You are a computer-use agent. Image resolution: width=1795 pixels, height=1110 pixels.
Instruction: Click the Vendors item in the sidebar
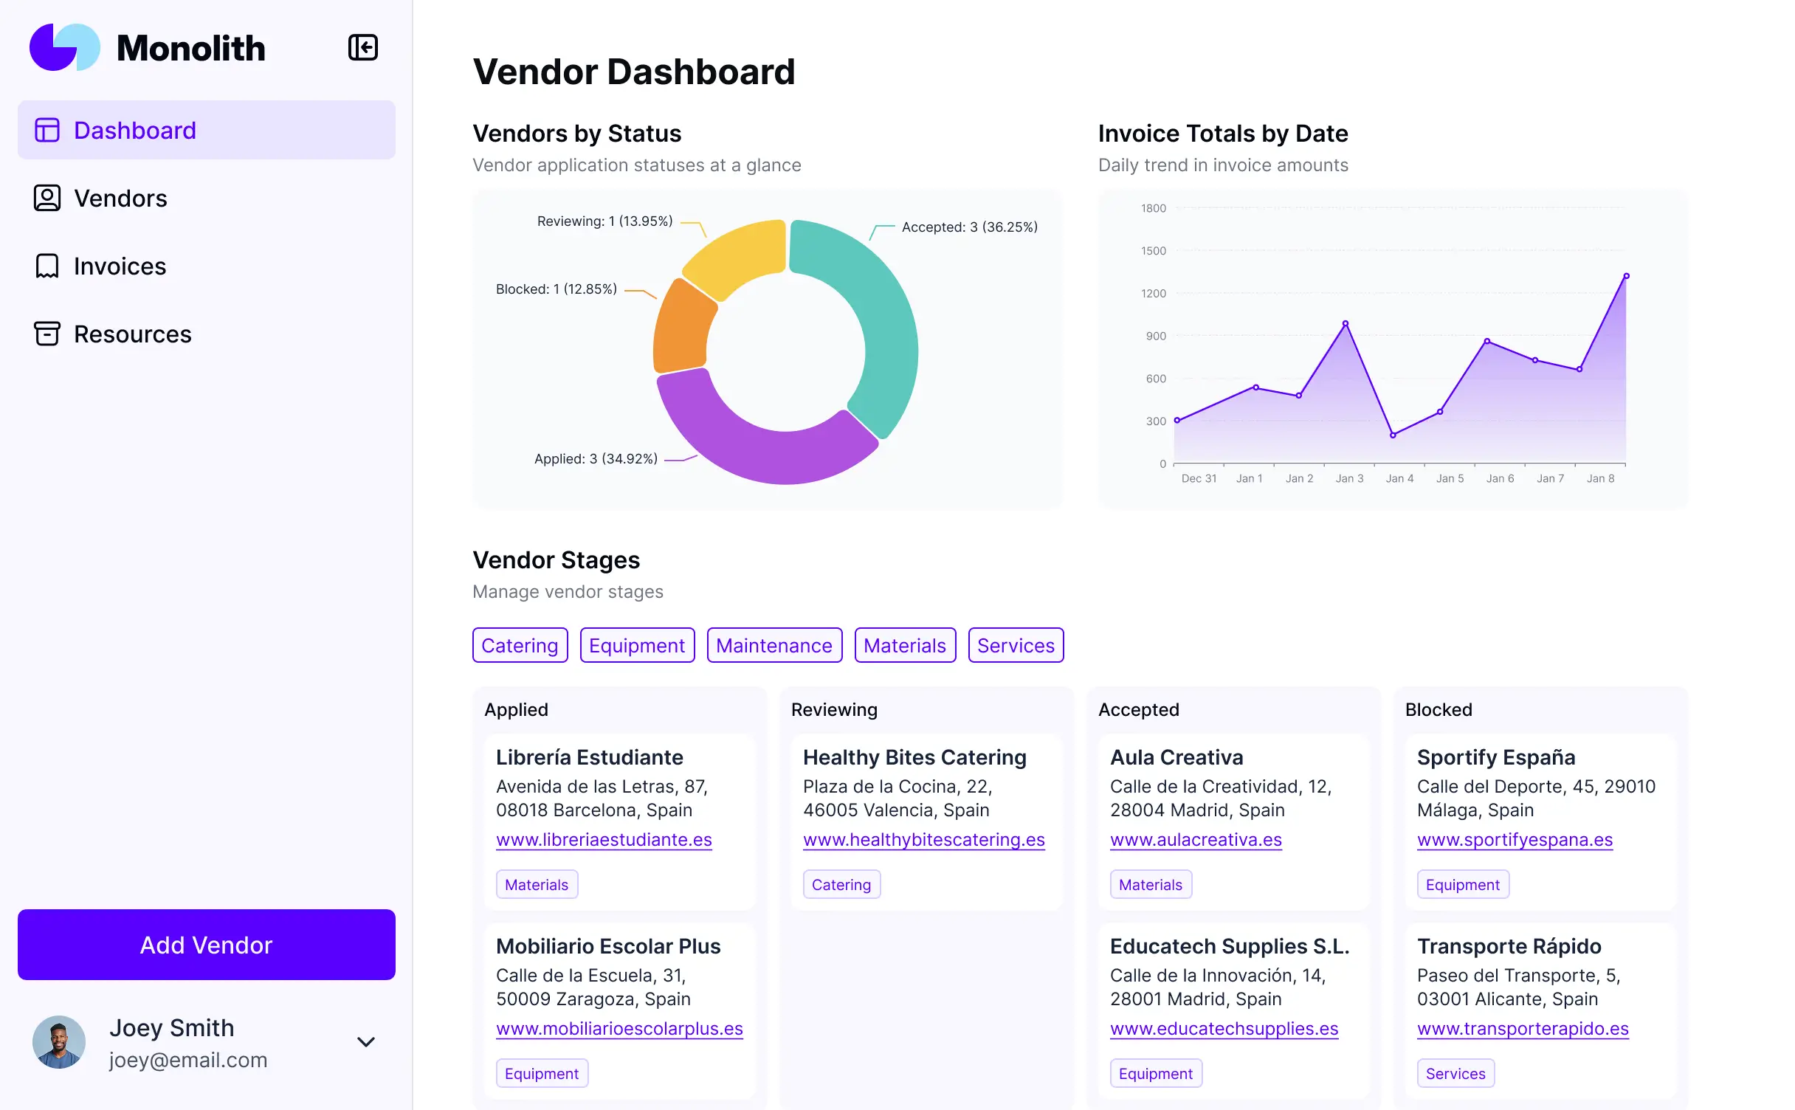[120, 199]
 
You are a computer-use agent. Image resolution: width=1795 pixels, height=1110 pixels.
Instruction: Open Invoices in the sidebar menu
[120, 266]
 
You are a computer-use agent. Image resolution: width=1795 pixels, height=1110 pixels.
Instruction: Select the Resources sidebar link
[132, 334]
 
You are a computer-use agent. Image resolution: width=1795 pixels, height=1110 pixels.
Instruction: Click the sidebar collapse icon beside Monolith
[362, 48]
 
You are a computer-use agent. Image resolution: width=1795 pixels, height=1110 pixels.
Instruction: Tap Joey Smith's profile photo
[59, 1041]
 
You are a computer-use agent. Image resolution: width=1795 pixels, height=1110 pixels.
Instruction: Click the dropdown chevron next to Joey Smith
[366, 1041]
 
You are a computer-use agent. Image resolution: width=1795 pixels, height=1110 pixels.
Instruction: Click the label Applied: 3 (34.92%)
[596, 459]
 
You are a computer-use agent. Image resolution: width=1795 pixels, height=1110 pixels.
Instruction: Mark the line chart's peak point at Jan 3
[1346, 323]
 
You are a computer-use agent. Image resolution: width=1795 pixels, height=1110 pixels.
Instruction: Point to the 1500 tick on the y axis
[1153, 251]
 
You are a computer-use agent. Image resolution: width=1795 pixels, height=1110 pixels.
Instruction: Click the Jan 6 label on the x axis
[1500, 478]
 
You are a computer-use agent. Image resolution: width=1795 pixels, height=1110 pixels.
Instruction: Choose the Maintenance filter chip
[774, 645]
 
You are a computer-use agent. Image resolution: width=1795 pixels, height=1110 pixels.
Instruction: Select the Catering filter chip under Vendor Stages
[520, 645]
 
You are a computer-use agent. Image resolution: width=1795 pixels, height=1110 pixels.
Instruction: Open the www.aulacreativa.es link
[1196, 840]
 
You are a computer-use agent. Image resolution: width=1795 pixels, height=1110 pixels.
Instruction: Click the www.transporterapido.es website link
[1523, 1029]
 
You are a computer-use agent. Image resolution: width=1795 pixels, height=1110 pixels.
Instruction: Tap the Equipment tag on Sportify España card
[1462, 885]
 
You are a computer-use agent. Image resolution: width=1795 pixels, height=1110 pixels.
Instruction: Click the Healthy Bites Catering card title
[914, 757]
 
